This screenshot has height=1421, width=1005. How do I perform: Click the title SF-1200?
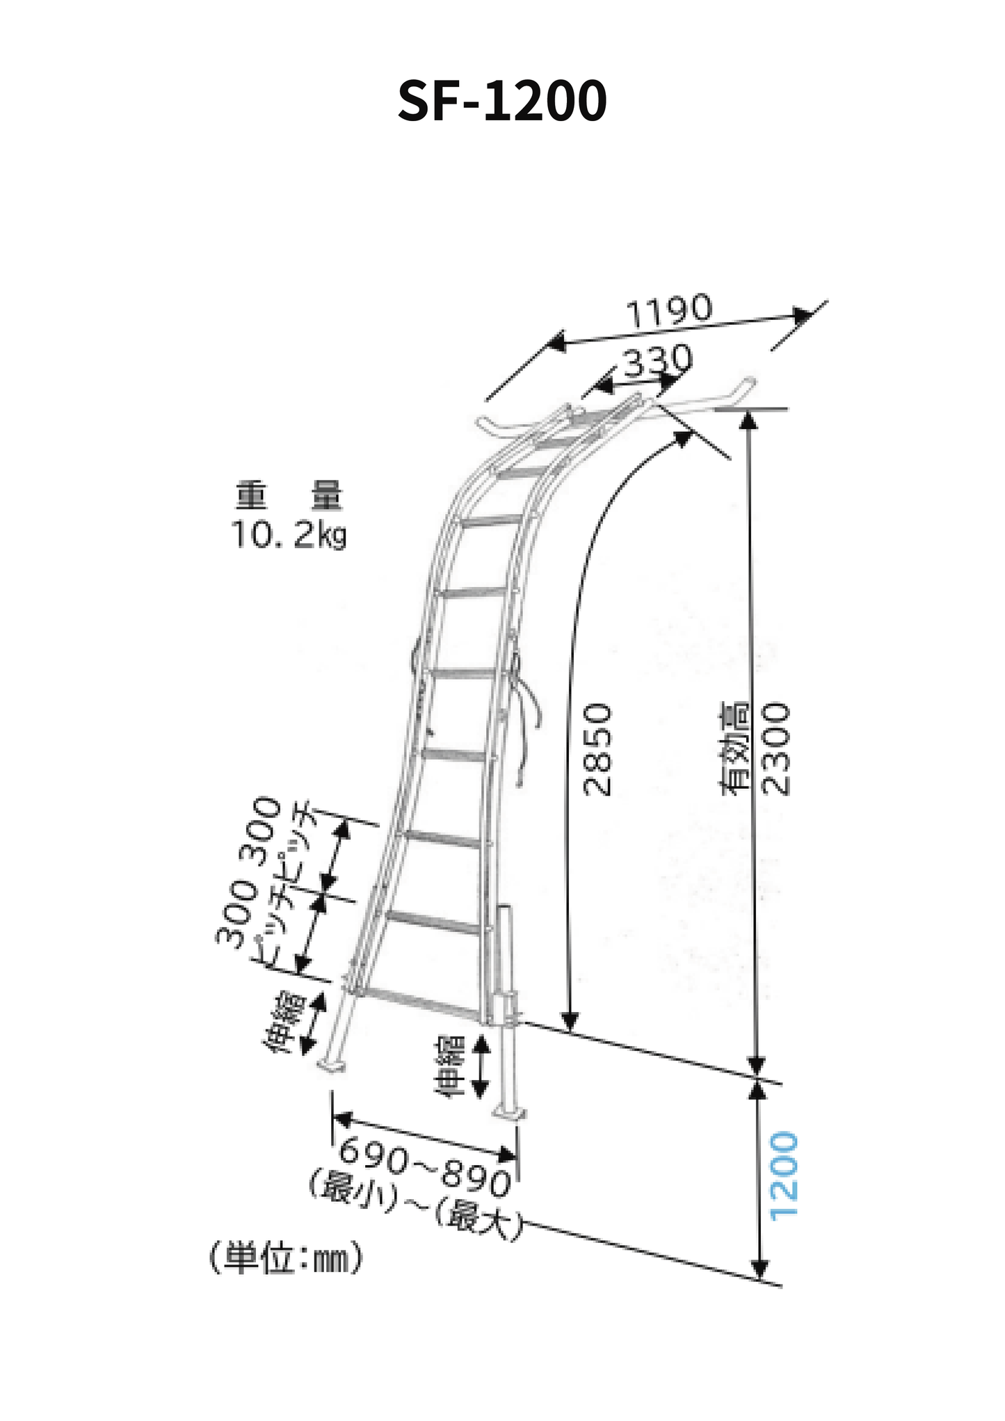pyautogui.click(x=502, y=101)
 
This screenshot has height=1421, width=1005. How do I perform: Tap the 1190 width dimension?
pyautogui.click(x=669, y=310)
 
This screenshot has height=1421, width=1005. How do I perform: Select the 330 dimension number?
pyautogui.click(x=657, y=361)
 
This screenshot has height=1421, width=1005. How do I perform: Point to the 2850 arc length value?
pyautogui.click(x=597, y=749)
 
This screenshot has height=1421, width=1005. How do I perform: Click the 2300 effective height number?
pyautogui.click(x=776, y=749)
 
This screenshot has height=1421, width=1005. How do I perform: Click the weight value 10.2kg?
pyautogui.click(x=288, y=535)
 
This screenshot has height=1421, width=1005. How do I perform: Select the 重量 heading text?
pyautogui.click(x=288, y=496)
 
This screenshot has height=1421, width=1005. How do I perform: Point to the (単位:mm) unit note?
pyautogui.click(x=286, y=1258)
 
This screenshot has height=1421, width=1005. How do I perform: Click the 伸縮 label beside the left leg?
pyautogui.click(x=284, y=1023)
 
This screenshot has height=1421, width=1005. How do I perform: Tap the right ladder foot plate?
pyautogui.click(x=510, y=1111)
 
